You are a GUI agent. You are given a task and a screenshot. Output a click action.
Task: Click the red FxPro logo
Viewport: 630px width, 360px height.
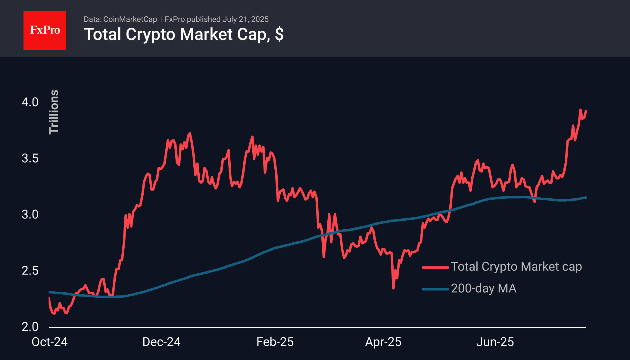tap(45, 30)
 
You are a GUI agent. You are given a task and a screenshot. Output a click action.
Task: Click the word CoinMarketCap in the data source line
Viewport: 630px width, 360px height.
tap(130, 19)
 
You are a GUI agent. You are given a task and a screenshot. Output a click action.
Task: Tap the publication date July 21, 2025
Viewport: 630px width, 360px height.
tap(245, 19)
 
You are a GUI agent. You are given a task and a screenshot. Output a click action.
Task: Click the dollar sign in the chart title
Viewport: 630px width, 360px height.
tap(279, 34)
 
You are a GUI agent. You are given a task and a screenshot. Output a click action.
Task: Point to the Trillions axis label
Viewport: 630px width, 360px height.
tap(54, 112)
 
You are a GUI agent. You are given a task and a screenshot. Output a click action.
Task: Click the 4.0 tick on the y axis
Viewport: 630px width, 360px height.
tap(30, 102)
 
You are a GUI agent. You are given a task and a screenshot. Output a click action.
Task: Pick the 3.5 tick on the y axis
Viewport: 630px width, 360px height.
tap(30, 158)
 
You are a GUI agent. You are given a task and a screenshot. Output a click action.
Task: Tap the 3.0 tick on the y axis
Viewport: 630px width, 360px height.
tap(30, 215)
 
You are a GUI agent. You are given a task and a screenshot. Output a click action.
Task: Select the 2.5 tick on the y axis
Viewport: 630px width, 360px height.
tap(30, 271)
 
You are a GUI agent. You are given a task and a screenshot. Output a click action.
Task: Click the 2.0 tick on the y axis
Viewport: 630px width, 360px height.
tap(30, 327)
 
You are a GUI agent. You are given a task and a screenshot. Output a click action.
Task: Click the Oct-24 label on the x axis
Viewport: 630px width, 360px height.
tap(49, 342)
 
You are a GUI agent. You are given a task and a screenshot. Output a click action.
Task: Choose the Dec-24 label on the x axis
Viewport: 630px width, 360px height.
tap(161, 342)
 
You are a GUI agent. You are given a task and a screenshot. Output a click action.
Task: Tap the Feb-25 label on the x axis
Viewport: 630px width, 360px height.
tap(275, 342)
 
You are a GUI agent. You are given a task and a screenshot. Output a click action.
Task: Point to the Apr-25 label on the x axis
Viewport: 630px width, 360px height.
tap(383, 342)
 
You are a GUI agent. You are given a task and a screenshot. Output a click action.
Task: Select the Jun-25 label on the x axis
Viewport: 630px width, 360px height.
tap(495, 342)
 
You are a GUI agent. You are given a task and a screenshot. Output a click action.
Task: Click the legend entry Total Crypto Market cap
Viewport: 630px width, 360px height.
tap(516, 267)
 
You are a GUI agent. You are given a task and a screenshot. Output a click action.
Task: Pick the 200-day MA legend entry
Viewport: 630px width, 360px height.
tap(483, 288)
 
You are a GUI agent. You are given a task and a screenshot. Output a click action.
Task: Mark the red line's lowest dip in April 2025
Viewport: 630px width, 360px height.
tap(393, 288)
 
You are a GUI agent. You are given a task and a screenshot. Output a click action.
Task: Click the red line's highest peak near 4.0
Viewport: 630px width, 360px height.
tap(580, 110)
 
